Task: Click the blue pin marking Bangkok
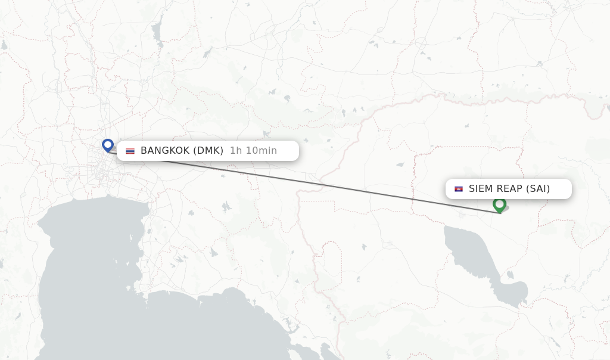tap(108, 145)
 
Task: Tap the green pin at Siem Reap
tap(499, 204)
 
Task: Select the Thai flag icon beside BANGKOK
tap(130, 151)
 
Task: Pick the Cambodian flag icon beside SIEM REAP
tap(459, 189)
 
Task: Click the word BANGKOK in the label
tap(165, 151)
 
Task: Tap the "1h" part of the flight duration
tap(235, 151)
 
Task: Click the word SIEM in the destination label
tap(481, 189)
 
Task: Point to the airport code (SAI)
tap(538, 189)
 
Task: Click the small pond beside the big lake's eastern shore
tap(511, 275)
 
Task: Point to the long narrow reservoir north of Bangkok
tap(157, 27)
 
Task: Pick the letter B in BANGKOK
tap(144, 151)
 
